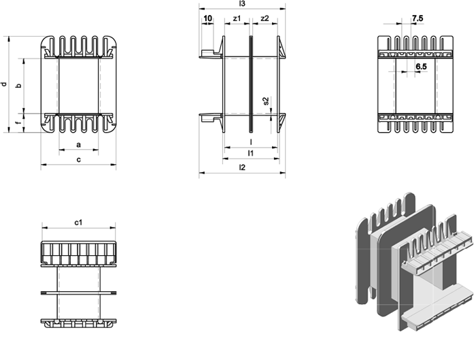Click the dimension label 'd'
(x=4, y=84)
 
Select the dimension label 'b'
(x=19, y=86)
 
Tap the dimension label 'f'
(x=19, y=122)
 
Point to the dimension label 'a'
(x=79, y=144)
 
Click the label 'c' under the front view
(x=79, y=159)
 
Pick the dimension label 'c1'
(x=79, y=223)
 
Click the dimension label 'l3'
(x=242, y=3)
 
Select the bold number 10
(x=207, y=18)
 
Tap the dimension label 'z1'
(x=237, y=18)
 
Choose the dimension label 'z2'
(x=265, y=18)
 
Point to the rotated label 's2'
(x=266, y=101)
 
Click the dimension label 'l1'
(x=250, y=153)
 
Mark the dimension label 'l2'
(x=242, y=167)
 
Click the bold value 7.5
(x=418, y=18)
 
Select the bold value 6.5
(x=421, y=66)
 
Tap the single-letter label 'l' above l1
(x=251, y=142)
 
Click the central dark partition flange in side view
(x=251, y=84)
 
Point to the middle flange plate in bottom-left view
(x=79, y=293)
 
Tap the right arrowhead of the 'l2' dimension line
(x=283, y=173)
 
